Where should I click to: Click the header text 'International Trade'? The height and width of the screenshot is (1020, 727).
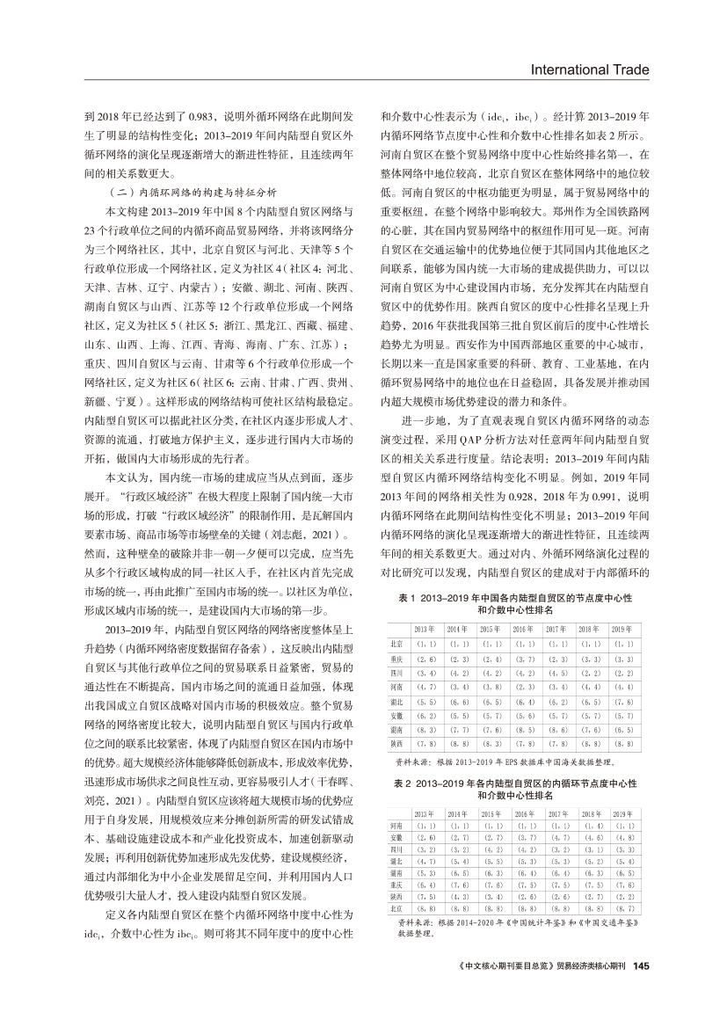coord(585,69)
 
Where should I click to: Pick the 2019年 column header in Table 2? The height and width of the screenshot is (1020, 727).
coord(623,814)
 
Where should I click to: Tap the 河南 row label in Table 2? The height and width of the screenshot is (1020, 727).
coord(396,827)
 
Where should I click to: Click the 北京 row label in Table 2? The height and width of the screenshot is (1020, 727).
coord(396,907)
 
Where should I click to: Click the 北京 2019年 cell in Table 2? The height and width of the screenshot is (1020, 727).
coord(623,907)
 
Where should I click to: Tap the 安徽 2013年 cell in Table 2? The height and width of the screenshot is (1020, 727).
coord(426,838)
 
